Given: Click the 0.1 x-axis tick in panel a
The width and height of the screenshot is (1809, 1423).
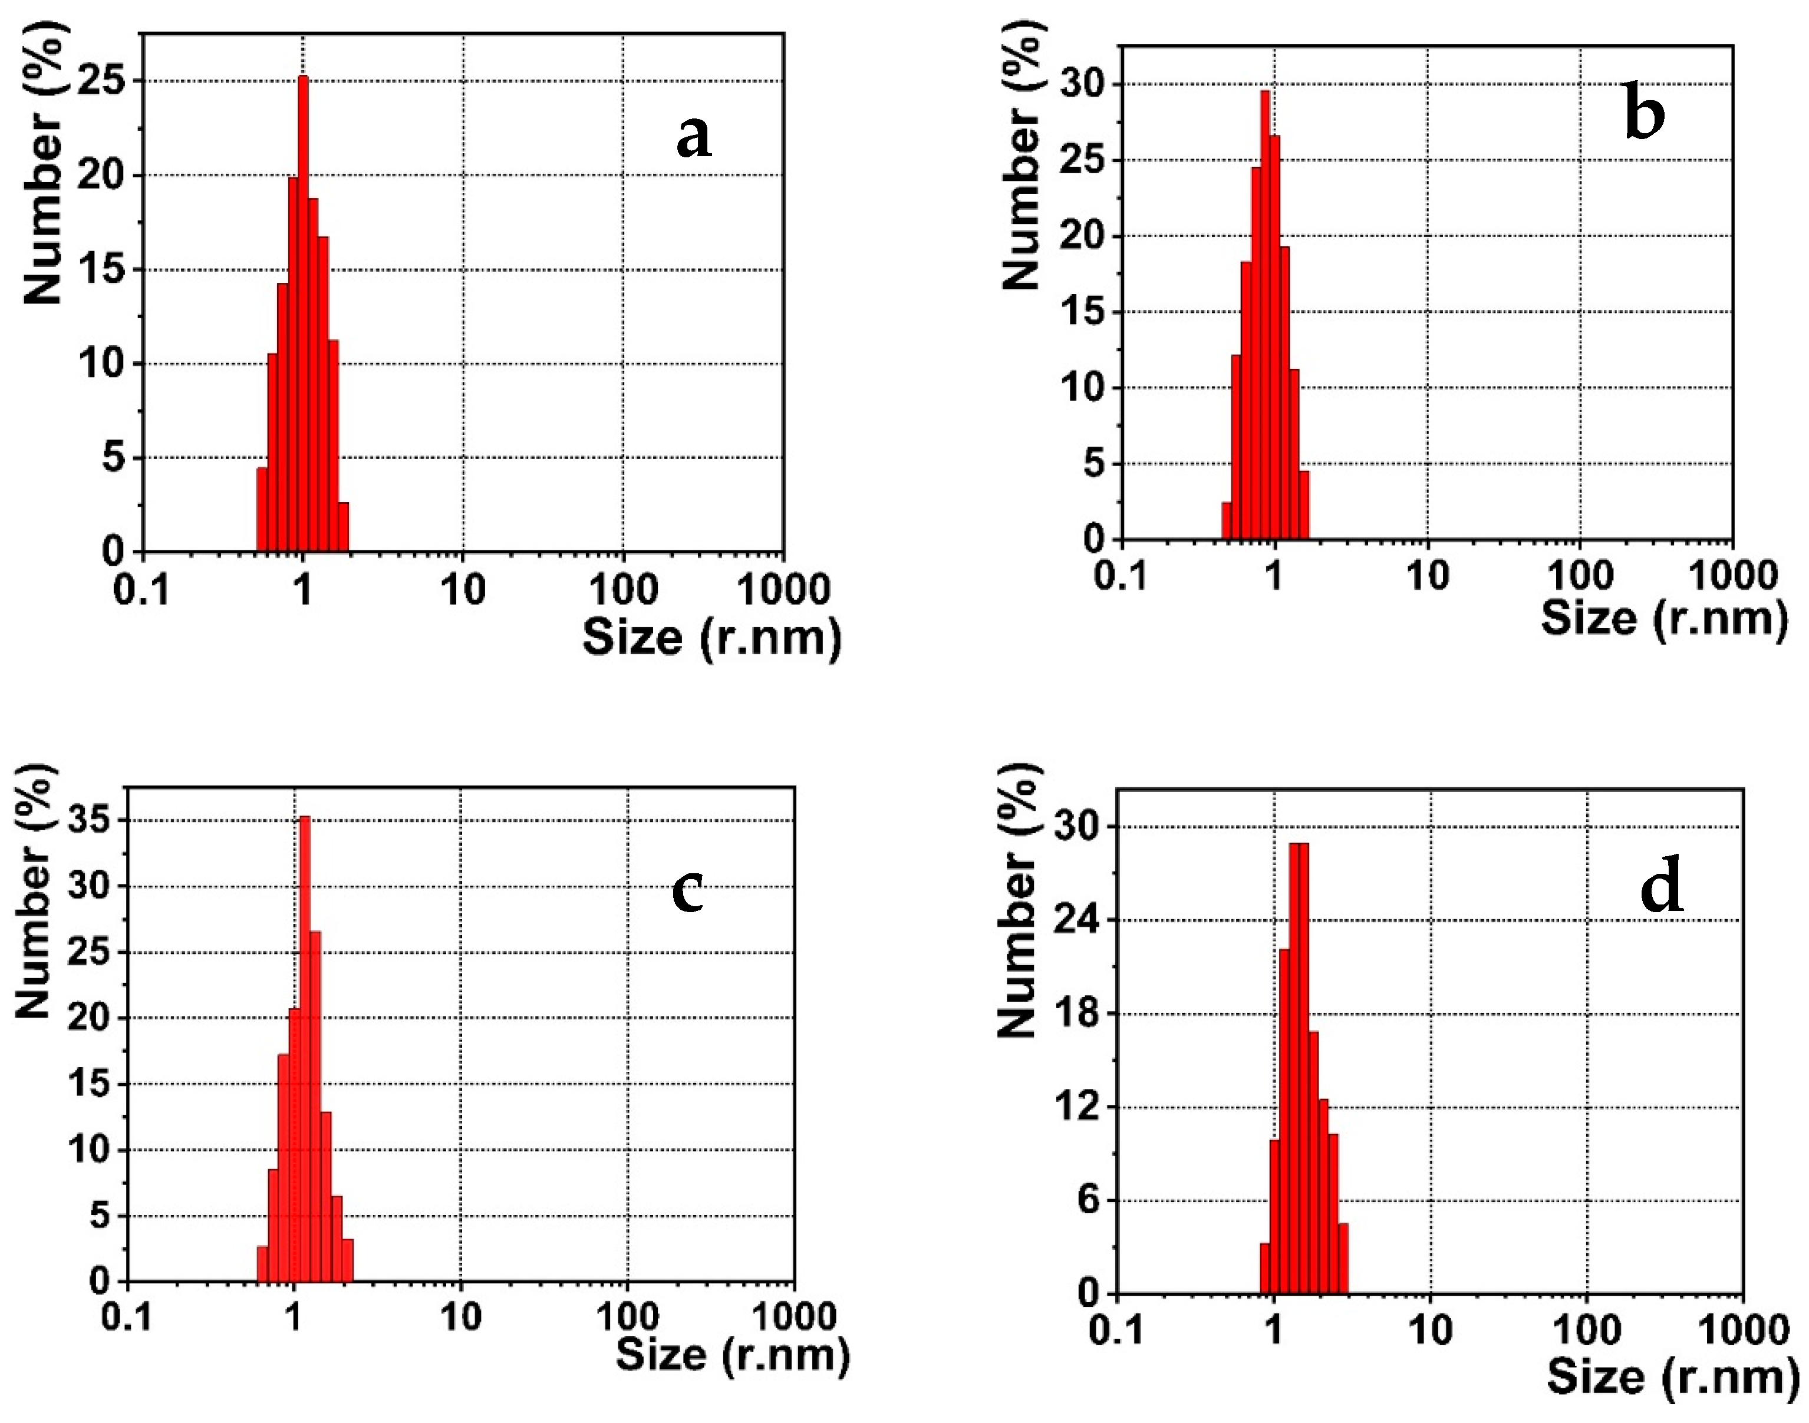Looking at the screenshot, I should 141,589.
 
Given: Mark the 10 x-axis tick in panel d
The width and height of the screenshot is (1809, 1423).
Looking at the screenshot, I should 1430,1330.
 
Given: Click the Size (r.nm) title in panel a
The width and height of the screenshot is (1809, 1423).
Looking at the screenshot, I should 711,638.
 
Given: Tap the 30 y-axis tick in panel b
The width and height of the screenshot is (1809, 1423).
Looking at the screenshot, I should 1080,85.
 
